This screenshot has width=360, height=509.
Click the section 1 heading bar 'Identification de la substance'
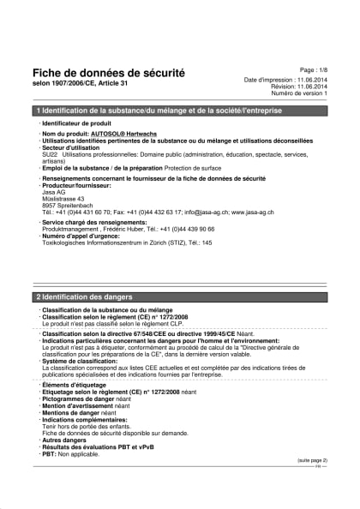(180, 111)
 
